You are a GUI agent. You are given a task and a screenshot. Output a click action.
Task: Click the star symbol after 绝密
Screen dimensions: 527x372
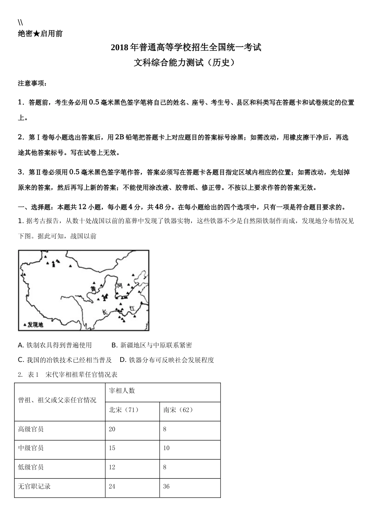click(x=36, y=34)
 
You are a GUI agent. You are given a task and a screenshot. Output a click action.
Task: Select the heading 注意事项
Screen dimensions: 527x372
click(x=32, y=84)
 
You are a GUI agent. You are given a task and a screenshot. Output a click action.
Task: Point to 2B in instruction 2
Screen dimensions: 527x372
click(x=119, y=137)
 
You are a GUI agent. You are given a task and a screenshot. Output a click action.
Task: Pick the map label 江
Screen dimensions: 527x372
click(x=132, y=307)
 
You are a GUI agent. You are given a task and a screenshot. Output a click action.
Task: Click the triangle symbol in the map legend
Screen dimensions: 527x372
click(x=25, y=325)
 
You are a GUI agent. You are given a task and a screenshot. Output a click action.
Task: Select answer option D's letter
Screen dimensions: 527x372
click(x=122, y=360)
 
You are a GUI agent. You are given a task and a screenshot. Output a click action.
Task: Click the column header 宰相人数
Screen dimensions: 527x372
click(x=122, y=391)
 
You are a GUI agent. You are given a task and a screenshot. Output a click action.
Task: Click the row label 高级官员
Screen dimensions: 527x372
click(x=31, y=429)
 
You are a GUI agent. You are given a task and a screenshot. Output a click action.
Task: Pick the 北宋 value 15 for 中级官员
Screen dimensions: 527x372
click(x=112, y=448)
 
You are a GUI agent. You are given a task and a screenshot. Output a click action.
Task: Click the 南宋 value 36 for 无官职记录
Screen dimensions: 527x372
click(x=166, y=486)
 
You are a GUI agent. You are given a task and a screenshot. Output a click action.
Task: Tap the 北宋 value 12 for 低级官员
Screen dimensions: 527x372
click(x=112, y=467)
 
